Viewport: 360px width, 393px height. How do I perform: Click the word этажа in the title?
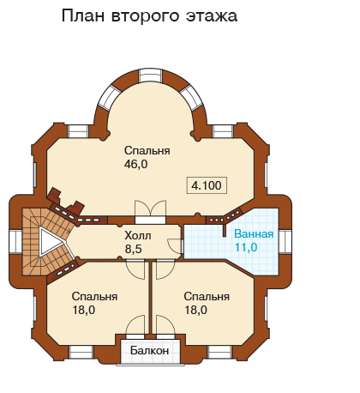(212, 16)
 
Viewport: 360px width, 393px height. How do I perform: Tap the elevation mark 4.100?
(207, 185)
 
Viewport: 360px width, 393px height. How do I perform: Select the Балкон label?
(149, 350)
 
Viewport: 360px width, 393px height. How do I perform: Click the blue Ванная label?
(254, 234)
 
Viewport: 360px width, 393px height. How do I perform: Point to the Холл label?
(138, 236)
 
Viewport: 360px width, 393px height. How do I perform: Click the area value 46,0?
(135, 164)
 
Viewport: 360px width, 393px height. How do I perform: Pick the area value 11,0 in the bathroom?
(246, 247)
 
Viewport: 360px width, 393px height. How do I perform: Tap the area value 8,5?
(133, 249)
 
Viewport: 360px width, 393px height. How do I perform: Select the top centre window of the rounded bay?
(150, 76)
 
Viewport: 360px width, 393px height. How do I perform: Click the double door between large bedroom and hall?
(151, 212)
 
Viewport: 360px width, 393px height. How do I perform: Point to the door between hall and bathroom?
(175, 245)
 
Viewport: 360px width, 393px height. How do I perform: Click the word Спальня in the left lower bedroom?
(94, 296)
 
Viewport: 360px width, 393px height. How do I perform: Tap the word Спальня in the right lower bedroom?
(207, 296)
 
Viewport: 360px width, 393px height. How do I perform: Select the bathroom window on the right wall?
(285, 242)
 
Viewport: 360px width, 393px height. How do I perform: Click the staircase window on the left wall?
(15, 242)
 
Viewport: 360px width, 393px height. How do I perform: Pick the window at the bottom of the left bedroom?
(81, 353)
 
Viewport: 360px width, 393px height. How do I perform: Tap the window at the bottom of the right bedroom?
(219, 353)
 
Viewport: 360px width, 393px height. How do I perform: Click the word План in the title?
(83, 15)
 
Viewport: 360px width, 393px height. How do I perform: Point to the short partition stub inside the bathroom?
(225, 230)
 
